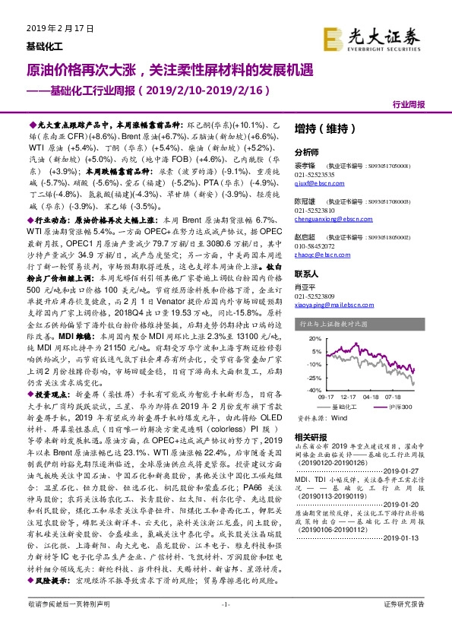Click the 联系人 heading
click(307, 274)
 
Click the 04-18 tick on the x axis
click(372, 396)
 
